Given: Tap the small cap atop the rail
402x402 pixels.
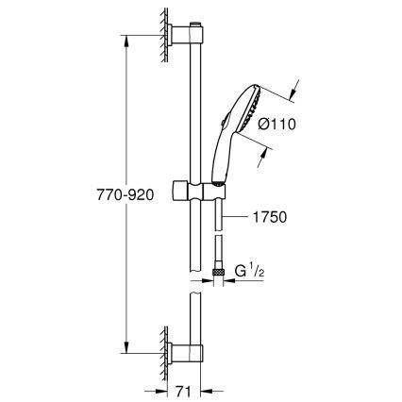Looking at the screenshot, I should point(196,21).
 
